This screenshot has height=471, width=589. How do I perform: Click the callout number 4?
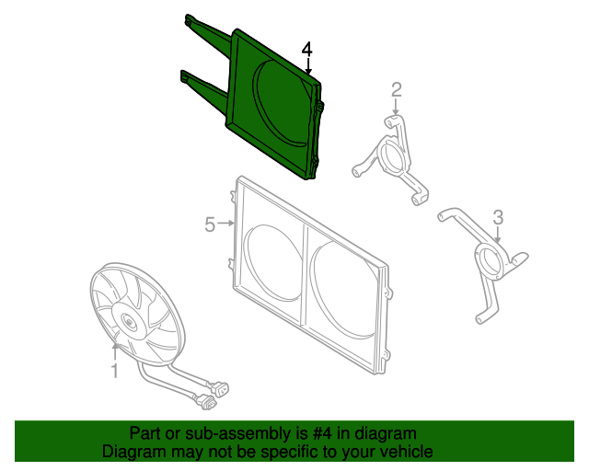tap(306, 50)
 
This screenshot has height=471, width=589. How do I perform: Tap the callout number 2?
tap(397, 90)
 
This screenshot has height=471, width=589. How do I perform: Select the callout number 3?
tap(498, 217)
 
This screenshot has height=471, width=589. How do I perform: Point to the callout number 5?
tap(210, 224)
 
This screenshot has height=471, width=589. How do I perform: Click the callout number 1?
tap(115, 371)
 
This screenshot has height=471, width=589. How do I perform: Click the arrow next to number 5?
tap(226, 224)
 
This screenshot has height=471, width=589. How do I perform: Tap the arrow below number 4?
tap(308, 66)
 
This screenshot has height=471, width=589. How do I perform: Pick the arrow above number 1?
tap(115, 351)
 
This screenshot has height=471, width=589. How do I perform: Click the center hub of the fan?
tap(129, 322)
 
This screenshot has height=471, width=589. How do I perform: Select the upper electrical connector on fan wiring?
tap(220, 388)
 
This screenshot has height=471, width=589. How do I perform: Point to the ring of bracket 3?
tap(489, 261)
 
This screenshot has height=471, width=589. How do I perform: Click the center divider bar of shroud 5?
tap(305, 275)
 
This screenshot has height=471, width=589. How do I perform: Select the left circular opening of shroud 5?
tap(272, 262)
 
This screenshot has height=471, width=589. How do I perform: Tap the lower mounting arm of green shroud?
tap(204, 86)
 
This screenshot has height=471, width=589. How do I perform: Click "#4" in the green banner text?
tap(322, 433)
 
